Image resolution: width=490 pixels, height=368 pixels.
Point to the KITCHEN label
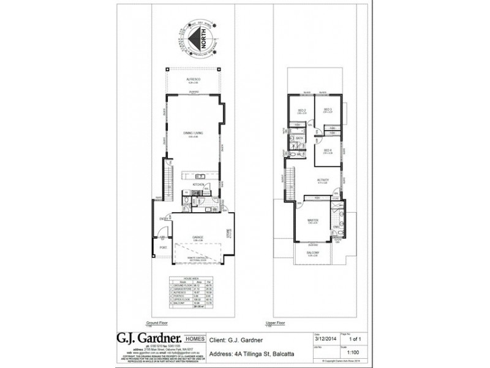coord(198,184)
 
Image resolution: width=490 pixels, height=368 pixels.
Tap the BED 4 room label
coord(328,151)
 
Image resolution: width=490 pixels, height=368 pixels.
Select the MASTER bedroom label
coord(312,221)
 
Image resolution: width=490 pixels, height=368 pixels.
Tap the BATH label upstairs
coord(300,139)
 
